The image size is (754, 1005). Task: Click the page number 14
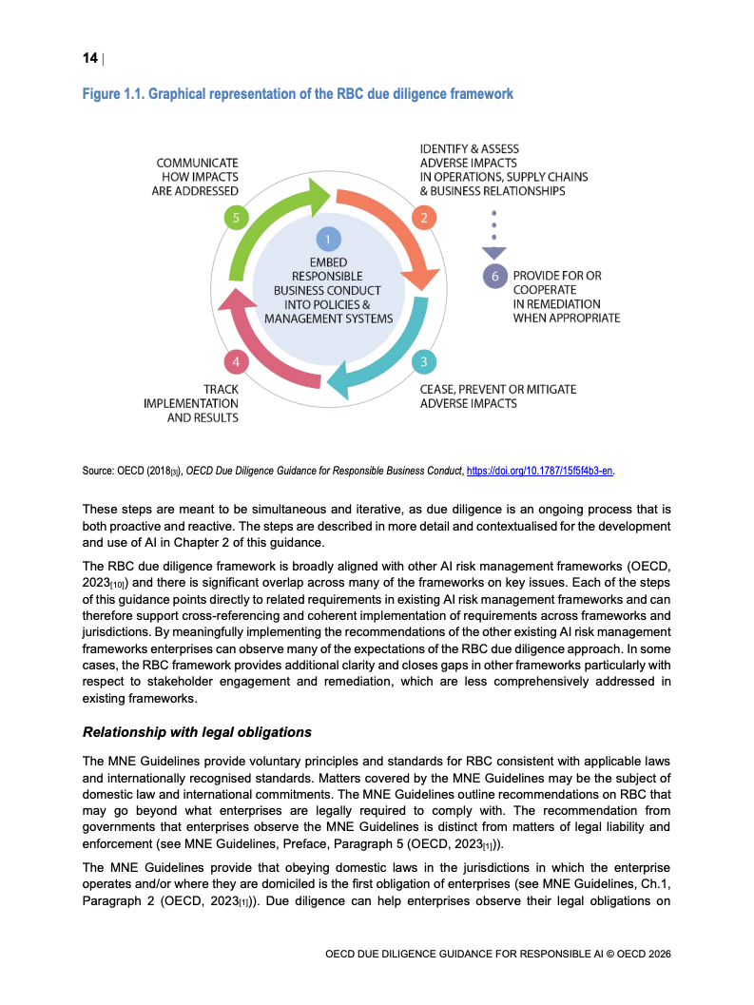[x=89, y=59]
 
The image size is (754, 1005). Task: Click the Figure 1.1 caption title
[x=298, y=94]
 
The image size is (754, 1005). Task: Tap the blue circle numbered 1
[x=327, y=240]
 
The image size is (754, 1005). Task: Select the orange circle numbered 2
[x=423, y=218]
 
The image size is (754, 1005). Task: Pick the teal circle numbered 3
[x=423, y=361]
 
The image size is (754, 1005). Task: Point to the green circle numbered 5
[x=235, y=218]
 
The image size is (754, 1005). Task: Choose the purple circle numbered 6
[x=493, y=276]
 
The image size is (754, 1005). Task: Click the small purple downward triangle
[x=493, y=253]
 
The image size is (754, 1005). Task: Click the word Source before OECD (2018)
[x=98, y=471]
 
